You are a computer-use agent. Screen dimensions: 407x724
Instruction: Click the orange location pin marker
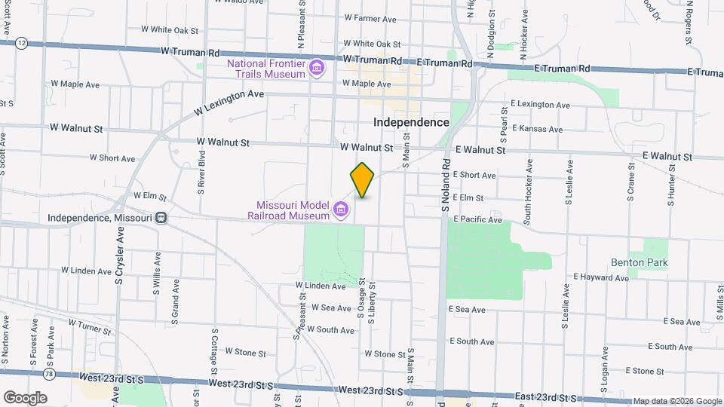coord(362,179)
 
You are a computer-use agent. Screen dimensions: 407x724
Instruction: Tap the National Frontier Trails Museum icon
coord(318,69)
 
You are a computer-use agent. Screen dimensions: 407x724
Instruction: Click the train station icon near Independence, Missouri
coord(161,218)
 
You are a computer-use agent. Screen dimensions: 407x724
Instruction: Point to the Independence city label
coord(411,122)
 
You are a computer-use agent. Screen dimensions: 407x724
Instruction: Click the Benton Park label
coord(640,262)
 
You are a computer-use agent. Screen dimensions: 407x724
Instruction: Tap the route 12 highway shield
coord(22,44)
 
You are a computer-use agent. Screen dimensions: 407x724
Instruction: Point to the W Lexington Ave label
coord(228,102)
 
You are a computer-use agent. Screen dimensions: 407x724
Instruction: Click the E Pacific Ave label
coord(477,219)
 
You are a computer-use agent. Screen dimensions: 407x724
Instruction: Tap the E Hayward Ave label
coord(600,278)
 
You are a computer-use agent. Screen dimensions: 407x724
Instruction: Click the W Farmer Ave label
coord(370,18)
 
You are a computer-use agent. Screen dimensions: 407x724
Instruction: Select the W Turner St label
coord(89,326)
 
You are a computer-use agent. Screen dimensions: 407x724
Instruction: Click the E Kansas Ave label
coord(536,129)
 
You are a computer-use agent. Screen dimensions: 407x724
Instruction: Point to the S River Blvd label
coord(202,176)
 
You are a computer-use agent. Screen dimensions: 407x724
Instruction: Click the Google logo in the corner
coord(25,397)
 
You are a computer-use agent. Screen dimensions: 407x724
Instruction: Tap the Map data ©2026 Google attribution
coord(676,401)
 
